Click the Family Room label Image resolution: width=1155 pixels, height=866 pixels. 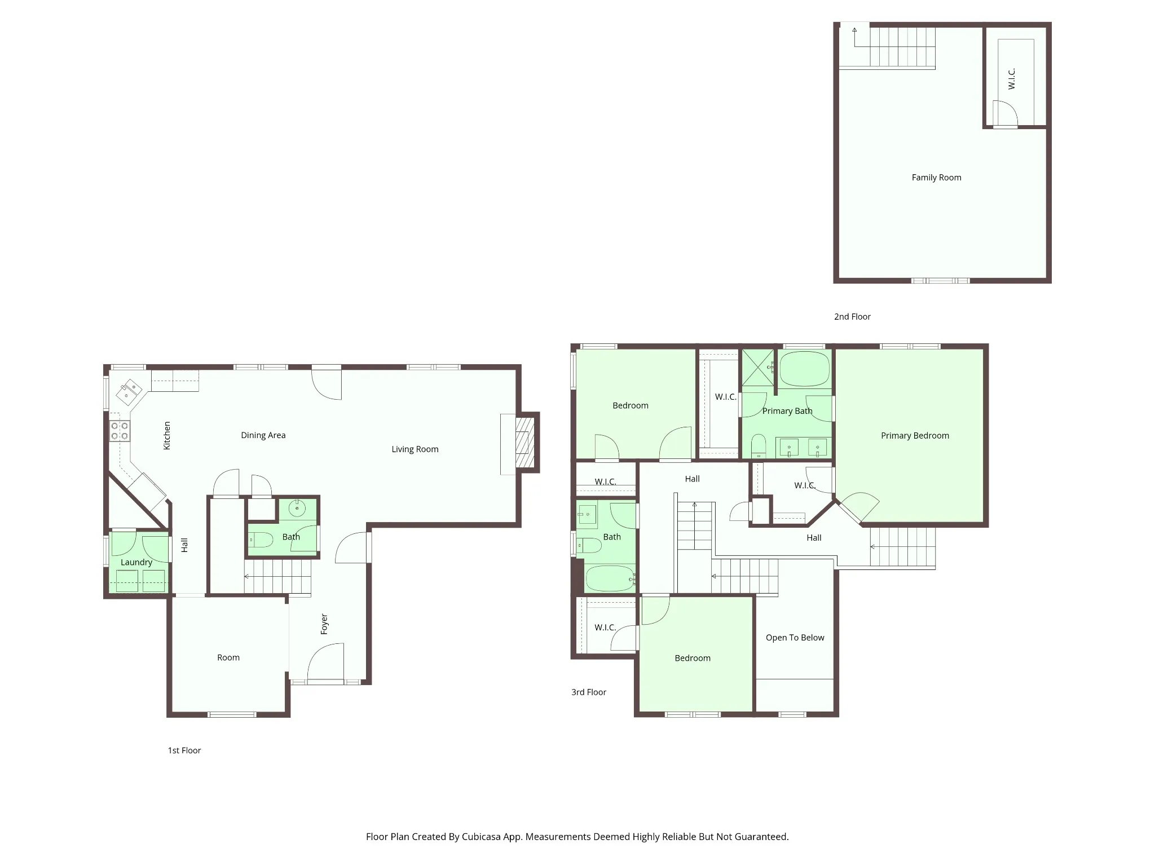[936, 178]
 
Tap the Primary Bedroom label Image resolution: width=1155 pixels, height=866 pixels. [915, 436]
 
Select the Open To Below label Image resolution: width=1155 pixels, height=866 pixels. [795, 638]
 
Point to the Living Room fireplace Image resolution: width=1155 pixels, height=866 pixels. [524, 443]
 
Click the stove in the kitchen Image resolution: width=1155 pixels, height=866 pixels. [120, 431]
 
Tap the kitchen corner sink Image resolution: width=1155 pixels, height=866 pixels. [129, 391]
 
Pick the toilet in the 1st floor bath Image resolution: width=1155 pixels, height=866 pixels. [261, 540]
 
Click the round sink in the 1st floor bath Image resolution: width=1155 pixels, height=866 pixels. [297, 509]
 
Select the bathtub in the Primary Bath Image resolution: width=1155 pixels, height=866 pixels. [805, 369]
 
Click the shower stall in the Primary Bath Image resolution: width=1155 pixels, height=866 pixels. [759, 367]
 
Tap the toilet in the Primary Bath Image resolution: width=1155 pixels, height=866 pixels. [759, 445]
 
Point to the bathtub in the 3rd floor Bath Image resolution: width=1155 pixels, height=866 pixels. [610, 578]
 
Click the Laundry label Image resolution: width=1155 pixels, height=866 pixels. [136, 562]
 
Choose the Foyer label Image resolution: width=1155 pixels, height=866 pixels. [324, 624]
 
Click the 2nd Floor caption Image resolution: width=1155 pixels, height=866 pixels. [852, 317]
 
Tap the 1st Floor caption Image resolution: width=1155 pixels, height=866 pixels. [184, 750]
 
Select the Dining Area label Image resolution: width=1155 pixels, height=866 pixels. [263, 435]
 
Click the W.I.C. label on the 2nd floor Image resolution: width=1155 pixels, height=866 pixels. [1012, 79]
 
